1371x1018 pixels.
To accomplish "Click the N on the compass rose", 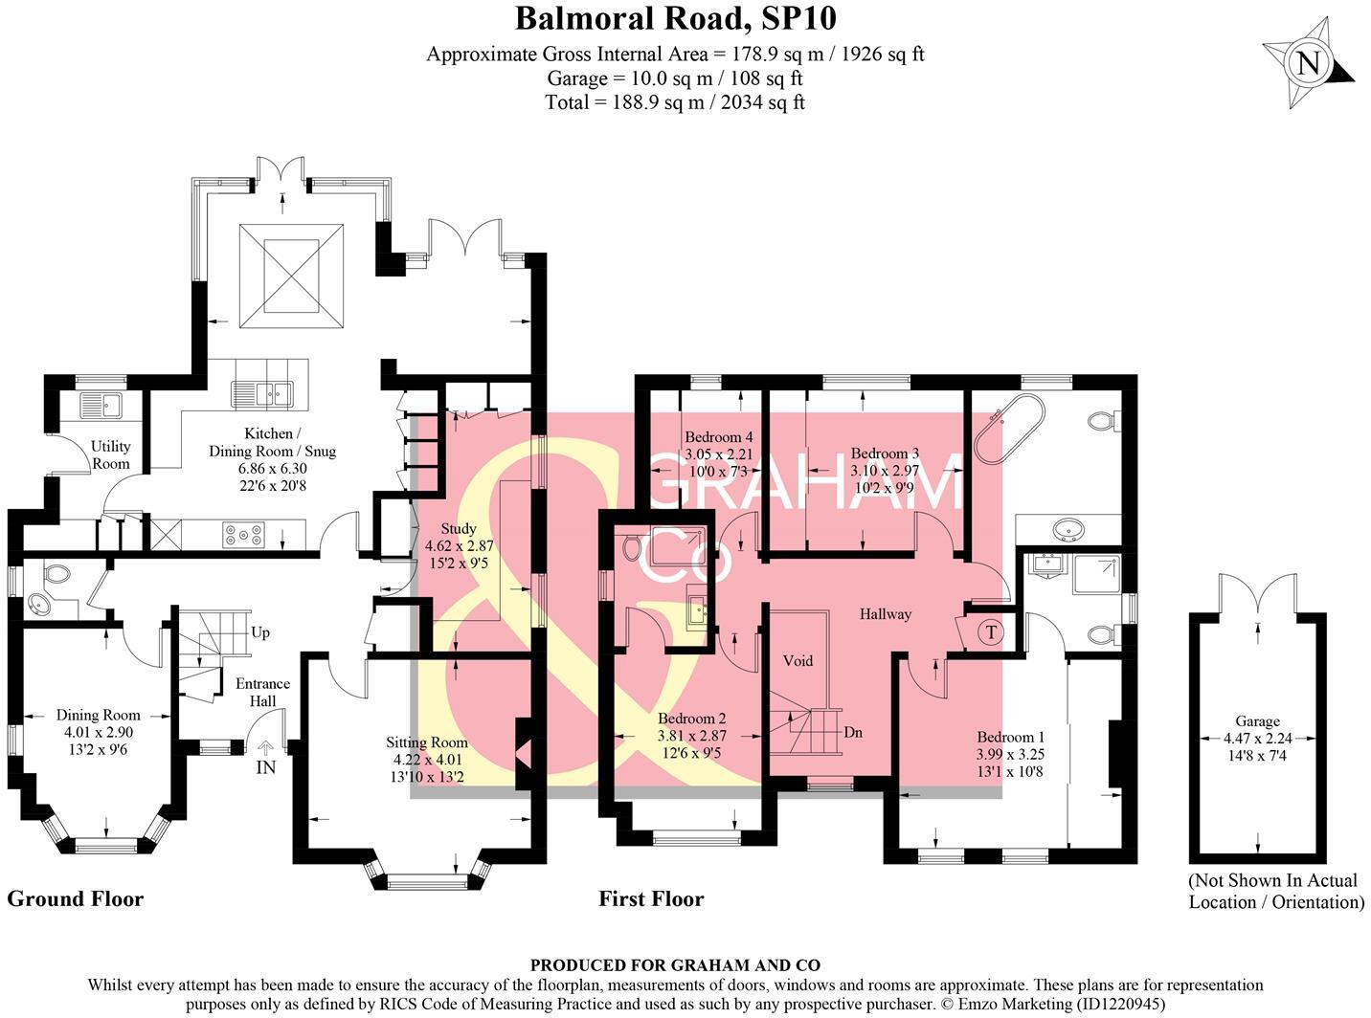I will coord(1308,64).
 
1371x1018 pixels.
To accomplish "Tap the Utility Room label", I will coord(110,454).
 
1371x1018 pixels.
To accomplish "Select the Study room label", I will coord(458,529).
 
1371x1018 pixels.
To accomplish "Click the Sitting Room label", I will coord(427,741).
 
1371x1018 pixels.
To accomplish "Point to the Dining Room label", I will coord(98,715).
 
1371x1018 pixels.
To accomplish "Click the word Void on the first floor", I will coord(798,660).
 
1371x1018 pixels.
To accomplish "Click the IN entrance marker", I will coord(265,766).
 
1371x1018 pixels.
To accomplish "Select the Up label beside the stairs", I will coord(259,632).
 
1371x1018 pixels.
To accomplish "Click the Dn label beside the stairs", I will coord(853,732).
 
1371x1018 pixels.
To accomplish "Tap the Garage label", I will coord(1256,721).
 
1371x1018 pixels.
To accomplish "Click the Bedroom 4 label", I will coord(718,437).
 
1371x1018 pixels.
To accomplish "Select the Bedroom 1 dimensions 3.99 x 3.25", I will coord(1010,754).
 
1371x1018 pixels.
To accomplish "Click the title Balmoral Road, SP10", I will coord(675,18).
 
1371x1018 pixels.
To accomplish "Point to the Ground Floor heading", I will coord(76,898).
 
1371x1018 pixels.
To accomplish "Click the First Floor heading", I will coord(651,898).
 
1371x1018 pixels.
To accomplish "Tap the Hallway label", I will coord(885,613).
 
